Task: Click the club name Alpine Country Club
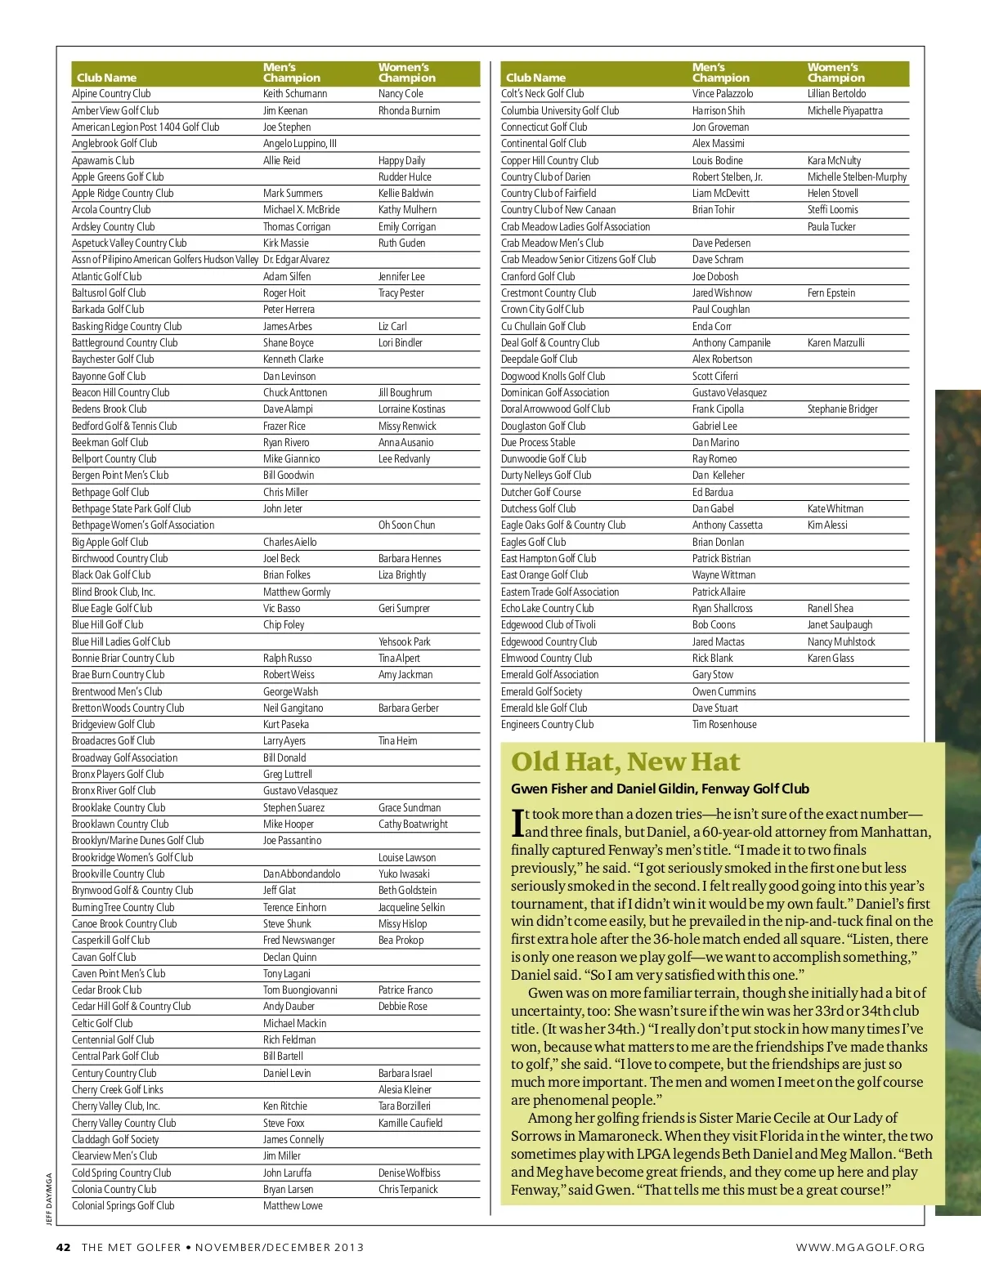click(111, 94)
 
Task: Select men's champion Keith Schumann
click(295, 94)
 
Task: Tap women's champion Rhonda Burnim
click(409, 110)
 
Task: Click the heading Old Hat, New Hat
click(625, 762)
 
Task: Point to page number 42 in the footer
click(64, 1247)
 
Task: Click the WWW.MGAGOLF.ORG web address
click(860, 1247)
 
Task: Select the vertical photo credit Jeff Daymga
click(49, 1199)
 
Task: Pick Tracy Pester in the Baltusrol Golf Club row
click(401, 293)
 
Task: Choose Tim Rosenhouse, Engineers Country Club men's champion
click(724, 725)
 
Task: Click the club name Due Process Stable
click(538, 442)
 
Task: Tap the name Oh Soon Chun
click(406, 525)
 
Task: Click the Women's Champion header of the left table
click(406, 73)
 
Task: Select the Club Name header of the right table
click(535, 78)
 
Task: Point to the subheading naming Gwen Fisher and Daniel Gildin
click(660, 789)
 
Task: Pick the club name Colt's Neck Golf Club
click(542, 94)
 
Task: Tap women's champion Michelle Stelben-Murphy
click(857, 177)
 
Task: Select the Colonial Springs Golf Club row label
click(123, 1206)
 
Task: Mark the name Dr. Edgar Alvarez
click(296, 260)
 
